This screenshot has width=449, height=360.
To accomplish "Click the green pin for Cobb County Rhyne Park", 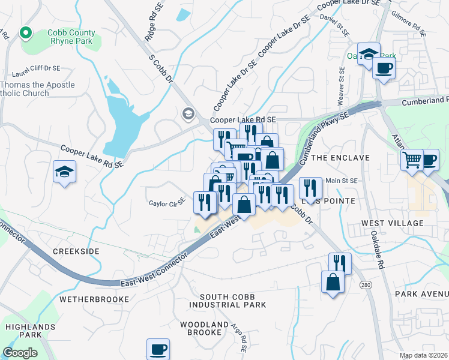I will click(26, 33).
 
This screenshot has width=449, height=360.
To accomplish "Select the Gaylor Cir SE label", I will click(166, 203).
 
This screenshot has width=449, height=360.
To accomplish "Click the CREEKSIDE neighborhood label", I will click(76, 251).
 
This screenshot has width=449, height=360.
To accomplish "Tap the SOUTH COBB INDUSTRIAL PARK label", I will click(233, 301).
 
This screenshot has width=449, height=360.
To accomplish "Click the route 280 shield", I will click(364, 284).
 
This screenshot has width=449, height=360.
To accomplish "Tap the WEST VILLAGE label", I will click(392, 223).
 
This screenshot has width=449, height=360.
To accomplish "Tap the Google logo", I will click(20, 352).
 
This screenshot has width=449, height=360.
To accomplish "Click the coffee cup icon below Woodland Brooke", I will click(158, 349).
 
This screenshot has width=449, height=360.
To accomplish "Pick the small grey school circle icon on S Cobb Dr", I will click(188, 113).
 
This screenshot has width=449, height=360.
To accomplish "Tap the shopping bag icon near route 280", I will click(333, 282).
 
